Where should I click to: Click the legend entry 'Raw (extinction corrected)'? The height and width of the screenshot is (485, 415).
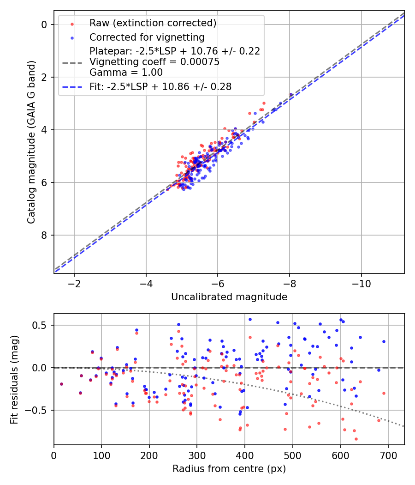click(x=153, y=23)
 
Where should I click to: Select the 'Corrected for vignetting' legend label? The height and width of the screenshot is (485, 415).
click(x=147, y=37)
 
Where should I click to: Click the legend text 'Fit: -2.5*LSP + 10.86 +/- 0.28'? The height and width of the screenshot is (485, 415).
click(x=160, y=86)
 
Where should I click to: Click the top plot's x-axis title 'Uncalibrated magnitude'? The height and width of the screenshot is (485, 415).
click(x=229, y=297)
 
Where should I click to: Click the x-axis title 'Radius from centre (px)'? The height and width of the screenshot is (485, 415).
click(x=229, y=469)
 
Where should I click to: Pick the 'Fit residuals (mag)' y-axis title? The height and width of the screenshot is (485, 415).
click(x=14, y=379)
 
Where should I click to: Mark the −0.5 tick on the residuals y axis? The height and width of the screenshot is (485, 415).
click(x=38, y=410)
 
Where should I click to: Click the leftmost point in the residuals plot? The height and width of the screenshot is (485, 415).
click(x=61, y=384)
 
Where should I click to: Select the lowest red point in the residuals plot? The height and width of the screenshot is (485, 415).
click(x=356, y=439)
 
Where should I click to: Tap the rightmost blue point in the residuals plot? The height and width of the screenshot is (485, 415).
click(x=384, y=341)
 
